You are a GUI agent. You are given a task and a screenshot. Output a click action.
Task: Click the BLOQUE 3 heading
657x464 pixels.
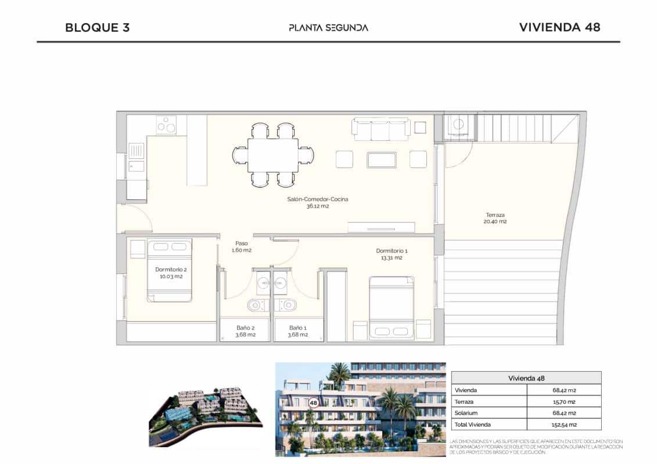point(97,27)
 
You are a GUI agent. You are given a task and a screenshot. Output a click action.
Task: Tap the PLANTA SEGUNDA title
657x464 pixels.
point(328,27)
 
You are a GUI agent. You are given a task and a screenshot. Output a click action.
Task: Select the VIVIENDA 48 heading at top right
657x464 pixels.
point(559,27)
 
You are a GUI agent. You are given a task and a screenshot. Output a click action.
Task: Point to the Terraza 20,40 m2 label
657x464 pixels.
point(496,218)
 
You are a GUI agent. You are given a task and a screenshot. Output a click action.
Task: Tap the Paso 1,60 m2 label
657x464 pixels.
point(242,246)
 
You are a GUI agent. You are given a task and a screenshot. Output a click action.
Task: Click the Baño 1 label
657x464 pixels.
point(297,331)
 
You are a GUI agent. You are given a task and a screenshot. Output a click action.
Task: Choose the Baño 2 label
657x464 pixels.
point(245,331)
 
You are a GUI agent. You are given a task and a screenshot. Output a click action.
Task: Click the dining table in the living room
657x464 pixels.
point(272,155)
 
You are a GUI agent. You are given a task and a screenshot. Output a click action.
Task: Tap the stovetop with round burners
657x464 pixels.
point(167,125)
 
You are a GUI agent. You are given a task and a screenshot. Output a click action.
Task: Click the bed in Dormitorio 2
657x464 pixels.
point(169,270)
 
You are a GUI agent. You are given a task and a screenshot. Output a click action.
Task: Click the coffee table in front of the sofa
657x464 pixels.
point(381,159)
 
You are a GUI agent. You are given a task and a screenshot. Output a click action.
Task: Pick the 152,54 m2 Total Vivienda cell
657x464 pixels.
point(563,425)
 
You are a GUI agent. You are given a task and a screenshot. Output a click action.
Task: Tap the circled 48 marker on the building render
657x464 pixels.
point(314,402)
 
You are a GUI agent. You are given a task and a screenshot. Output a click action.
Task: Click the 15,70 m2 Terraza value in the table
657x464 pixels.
point(563,401)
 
